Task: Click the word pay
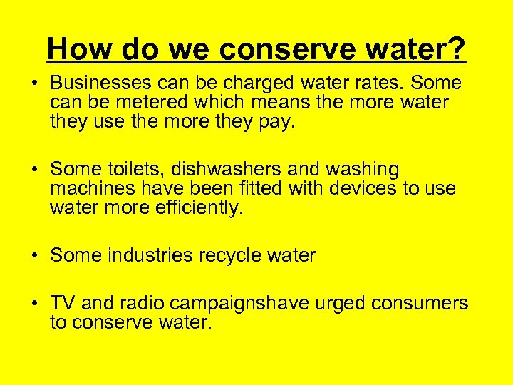274,122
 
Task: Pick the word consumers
426,304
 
